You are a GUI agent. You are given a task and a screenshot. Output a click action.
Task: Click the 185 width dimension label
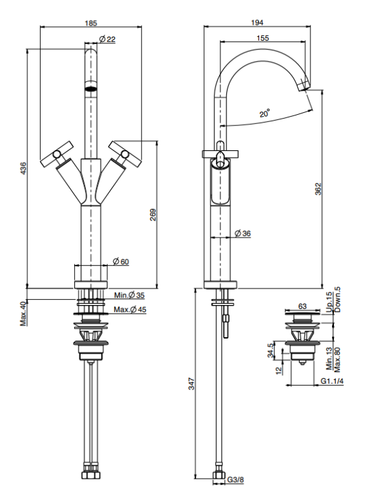coord(91,23)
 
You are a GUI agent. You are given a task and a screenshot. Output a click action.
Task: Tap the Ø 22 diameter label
coord(108,39)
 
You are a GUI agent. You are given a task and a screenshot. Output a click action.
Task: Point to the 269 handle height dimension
coord(153,215)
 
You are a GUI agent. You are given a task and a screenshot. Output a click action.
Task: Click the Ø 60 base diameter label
coord(121,261)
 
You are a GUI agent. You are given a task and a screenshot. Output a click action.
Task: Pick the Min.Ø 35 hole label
coord(129,295)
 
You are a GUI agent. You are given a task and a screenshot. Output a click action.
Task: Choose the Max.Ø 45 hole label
coord(130,310)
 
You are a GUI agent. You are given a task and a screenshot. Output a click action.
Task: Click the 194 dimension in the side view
coord(257,22)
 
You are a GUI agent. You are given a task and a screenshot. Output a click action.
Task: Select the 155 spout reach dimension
coord(262,38)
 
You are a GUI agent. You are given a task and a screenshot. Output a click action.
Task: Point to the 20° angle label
coord(264,113)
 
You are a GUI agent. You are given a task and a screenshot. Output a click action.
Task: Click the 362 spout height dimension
coord(318,189)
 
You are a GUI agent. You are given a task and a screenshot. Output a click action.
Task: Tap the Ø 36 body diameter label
coord(243,233)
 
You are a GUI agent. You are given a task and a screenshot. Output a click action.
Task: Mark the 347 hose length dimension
coord(191,384)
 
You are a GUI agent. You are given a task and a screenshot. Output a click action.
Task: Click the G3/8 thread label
coord(236,480)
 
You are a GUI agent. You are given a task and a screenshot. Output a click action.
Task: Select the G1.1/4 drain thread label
coord(332,381)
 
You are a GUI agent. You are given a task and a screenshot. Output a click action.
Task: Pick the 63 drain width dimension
coord(302,306)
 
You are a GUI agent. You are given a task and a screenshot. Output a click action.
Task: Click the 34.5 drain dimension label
coord(270,350)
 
